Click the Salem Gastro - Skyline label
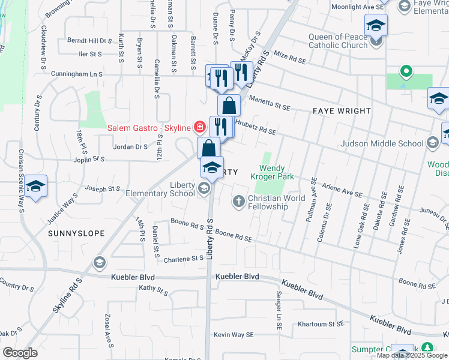click(148, 127)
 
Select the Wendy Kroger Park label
click(276, 172)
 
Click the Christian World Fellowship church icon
click(239, 201)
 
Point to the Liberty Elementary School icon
click(204, 190)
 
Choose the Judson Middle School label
click(382, 143)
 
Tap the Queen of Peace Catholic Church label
click(337, 41)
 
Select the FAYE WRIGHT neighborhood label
click(341, 112)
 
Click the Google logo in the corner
click(20, 353)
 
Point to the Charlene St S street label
click(184, 258)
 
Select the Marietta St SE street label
click(270, 103)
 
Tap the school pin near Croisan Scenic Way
click(35, 187)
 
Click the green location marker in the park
click(406, 73)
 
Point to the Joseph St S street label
click(103, 188)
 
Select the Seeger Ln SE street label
click(279, 311)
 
